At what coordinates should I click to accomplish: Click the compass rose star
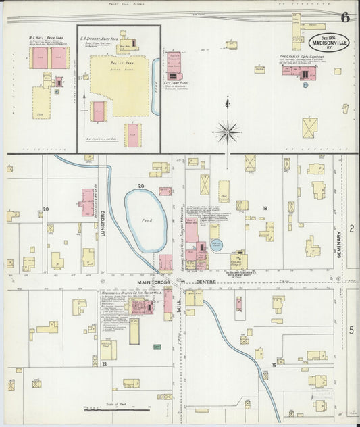click(227, 132)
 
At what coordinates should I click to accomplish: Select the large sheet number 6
click(345, 18)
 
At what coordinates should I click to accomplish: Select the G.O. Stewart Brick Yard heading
click(99, 38)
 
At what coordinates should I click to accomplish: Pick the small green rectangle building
click(157, 347)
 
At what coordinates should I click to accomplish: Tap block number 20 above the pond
click(141, 185)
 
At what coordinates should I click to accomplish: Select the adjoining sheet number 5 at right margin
click(352, 330)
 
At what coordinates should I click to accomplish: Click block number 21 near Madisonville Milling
click(104, 364)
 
